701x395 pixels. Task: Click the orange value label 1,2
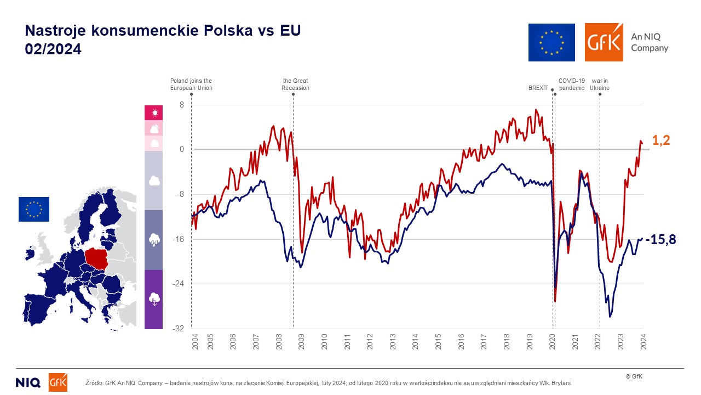(661, 140)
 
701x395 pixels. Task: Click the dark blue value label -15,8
(660, 240)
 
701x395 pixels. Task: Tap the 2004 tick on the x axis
(196, 342)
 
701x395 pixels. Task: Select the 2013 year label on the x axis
(393, 342)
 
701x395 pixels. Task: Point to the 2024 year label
(643, 342)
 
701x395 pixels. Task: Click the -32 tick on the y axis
(179, 329)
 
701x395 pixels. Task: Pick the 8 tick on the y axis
(182, 105)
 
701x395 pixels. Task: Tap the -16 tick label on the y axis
(179, 239)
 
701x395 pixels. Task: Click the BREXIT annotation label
(538, 88)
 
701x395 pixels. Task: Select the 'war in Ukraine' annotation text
(600, 84)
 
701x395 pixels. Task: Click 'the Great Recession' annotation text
(295, 84)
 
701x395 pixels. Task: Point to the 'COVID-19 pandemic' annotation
(572, 84)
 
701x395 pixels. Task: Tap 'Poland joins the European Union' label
(191, 84)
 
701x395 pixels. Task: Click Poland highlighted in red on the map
(97, 259)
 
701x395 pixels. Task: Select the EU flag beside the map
(34, 209)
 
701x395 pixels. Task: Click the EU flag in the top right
(551, 42)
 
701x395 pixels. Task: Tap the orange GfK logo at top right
(604, 42)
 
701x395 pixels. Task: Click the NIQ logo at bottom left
(28, 382)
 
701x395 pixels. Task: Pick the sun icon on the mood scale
(154, 113)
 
